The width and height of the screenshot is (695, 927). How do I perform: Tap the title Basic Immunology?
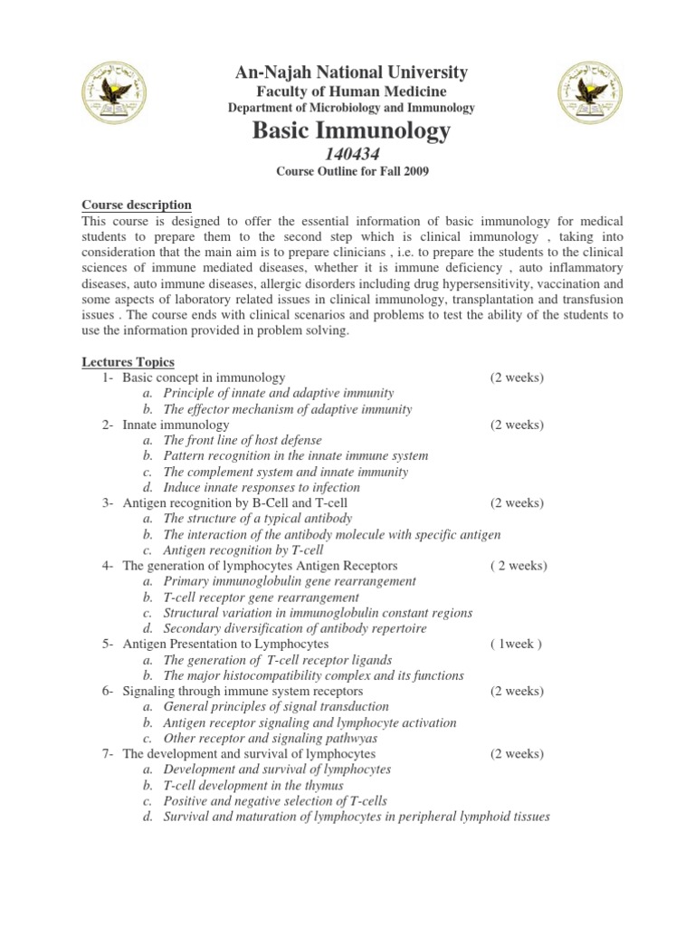point(351,131)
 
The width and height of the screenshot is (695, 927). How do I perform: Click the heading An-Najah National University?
point(351,72)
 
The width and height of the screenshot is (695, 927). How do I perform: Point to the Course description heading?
point(137,205)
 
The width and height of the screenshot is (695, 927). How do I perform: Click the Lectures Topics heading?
point(129,362)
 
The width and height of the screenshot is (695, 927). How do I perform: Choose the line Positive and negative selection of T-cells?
point(275,801)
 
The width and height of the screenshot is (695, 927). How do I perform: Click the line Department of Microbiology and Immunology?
point(351,108)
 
